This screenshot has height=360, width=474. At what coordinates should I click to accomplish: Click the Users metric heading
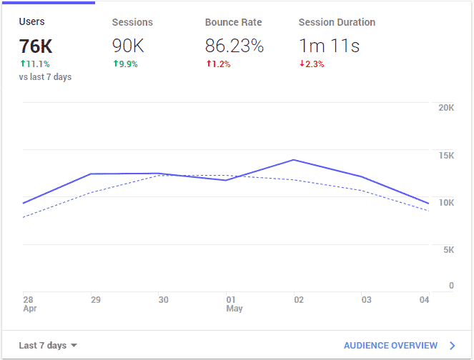(x=31, y=22)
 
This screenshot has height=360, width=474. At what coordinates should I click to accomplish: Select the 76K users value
(x=36, y=46)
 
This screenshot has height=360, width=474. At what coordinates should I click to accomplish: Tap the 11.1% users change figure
(x=35, y=64)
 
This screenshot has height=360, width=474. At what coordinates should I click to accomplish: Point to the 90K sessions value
(x=128, y=46)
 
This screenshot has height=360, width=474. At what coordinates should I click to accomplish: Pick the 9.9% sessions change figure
(x=125, y=64)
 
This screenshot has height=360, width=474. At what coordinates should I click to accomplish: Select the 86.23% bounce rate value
(x=234, y=46)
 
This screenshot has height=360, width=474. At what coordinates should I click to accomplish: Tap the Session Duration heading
(x=337, y=22)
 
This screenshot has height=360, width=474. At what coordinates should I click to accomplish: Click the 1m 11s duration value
(x=329, y=46)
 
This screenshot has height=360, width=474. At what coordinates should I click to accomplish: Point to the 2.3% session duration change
(x=312, y=64)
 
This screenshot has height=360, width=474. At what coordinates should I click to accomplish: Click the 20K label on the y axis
(x=446, y=108)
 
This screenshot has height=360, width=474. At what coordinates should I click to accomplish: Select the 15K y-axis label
(x=446, y=156)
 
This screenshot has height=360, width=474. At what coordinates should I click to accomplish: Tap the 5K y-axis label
(x=448, y=250)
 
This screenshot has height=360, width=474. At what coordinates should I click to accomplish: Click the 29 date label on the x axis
(x=96, y=300)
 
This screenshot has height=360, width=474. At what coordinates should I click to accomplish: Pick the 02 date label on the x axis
(x=300, y=300)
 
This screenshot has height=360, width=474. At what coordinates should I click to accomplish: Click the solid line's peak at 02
(x=294, y=160)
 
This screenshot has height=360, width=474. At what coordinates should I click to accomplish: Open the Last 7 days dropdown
(x=48, y=346)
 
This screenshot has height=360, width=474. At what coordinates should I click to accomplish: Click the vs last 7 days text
(x=46, y=77)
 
